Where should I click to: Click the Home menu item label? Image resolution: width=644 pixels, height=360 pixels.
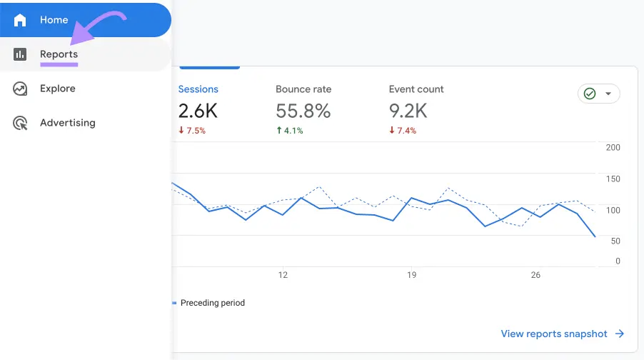point(54,20)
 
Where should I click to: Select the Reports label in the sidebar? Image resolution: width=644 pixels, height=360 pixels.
point(59,54)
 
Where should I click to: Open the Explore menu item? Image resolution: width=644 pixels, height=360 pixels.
point(57,89)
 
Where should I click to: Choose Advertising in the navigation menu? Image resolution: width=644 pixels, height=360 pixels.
point(67,123)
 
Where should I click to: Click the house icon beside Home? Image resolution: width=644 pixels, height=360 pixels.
point(20,20)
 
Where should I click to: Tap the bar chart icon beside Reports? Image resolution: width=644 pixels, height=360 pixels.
point(20,54)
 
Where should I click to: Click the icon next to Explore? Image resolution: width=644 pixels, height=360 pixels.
point(20,89)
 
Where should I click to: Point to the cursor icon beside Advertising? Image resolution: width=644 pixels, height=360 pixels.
point(20,123)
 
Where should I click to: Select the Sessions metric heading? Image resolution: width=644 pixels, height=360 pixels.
point(198,89)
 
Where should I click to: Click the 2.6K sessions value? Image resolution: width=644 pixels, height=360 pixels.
point(198,111)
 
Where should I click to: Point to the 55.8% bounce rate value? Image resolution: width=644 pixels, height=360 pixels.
point(303,111)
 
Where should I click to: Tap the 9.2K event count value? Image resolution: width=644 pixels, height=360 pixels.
point(408,111)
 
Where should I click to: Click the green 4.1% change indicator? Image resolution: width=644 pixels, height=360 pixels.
point(289,131)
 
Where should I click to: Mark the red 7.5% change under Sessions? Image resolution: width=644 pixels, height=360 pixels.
point(192,131)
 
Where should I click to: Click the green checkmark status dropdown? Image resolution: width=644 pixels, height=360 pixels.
point(598,94)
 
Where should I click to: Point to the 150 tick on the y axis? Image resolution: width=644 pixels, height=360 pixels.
point(613,179)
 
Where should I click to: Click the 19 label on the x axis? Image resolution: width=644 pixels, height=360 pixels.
point(411,275)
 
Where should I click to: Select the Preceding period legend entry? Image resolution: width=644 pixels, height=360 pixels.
point(212,303)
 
